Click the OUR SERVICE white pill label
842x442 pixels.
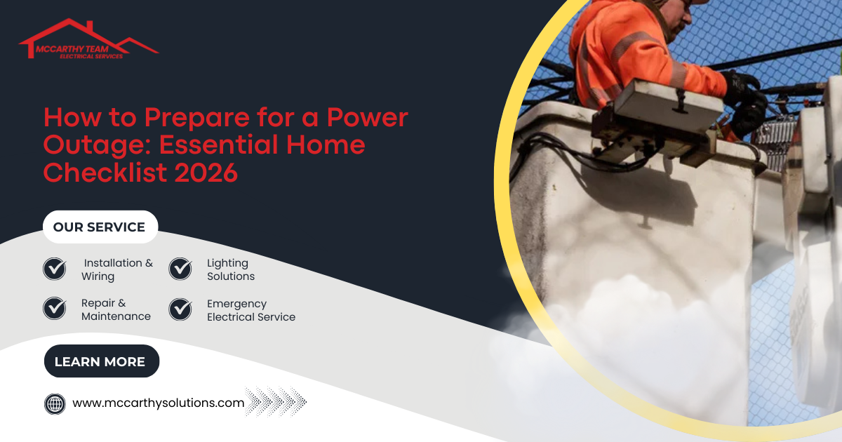pyautogui.click(x=99, y=227)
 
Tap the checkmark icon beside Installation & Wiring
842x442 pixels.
pyautogui.click(x=55, y=269)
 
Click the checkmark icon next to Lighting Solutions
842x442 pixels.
pyautogui.click(x=180, y=269)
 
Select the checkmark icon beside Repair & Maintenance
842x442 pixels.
pyautogui.click(x=55, y=309)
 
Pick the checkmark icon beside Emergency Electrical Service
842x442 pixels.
pyautogui.click(x=180, y=309)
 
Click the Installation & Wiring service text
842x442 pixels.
pyautogui.click(x=116, y=269)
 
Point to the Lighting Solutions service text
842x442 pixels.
pyautogui.click(x=230, y=269)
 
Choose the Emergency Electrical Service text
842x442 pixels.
pyautogui.click(x=250, y=310)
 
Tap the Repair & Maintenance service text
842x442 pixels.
pyautogui.click(x=116, y=310)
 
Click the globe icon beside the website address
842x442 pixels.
pyautogui.click(x=55, y=403)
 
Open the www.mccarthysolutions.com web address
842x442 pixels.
pyautogui.click(x=159, y=403)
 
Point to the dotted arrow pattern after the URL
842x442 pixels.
pyautogui.click(x=276, y=403)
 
